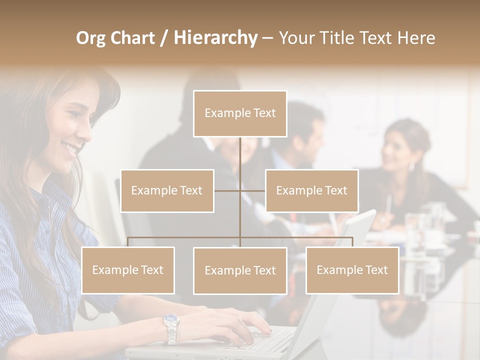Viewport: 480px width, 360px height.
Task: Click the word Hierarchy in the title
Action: pyautogui.click(x=215, y=38)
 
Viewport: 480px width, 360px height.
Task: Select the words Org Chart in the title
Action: pyautogui.click(x=115, y=38)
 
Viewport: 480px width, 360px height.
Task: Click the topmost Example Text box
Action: pyautogui.click(x=240, y=113)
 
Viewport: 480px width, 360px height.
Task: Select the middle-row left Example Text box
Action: pyautogui.click(x=167, y=190)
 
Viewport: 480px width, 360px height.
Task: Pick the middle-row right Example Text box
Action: pyautogui.click(x=311, y=190)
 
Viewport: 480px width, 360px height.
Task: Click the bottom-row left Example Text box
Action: pyautogui.click(x=128, y=270)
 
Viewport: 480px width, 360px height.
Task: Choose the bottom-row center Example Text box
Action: pyautogui.click(x=240, y=270)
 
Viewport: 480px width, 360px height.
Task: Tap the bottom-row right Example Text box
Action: pyautogui.click(x=352, y=270)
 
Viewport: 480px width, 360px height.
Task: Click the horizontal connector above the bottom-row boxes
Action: pyautogui.click(x=185, y=237)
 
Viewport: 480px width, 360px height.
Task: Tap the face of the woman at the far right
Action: pyautogui.click(x=395, y=150)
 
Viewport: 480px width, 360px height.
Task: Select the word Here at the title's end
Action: pyautogui.click(x=415, y=38)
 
